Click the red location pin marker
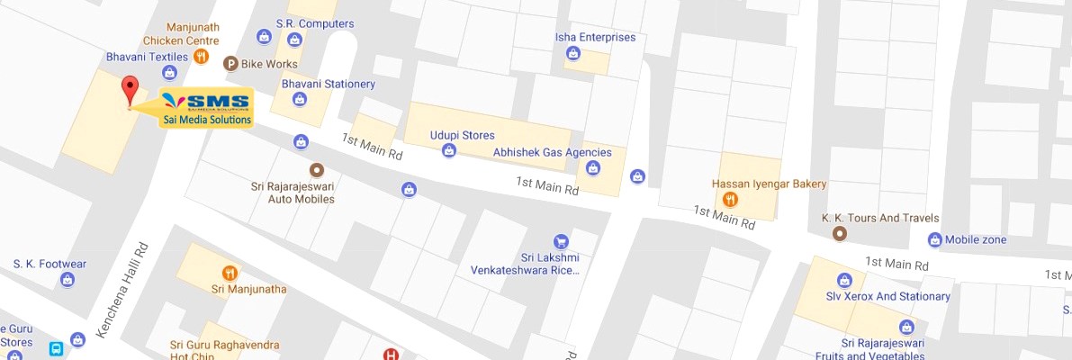click(131, 90)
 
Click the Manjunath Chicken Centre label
click(180, 34)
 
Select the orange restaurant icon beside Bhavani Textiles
click(202, 57)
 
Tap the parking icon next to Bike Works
click(230, 64)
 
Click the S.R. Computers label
click(314, 23)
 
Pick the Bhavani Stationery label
click(328, 84)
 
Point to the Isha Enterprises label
click(595, 38)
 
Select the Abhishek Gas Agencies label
click(552, 152)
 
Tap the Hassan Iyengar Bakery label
click(769, 184)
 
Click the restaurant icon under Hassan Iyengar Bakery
click(730, 200)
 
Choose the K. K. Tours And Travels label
click(880, 218)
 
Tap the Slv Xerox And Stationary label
click(888, 296)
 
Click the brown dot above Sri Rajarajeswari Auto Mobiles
click(316, 169)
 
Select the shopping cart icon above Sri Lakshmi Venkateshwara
click(561, 241)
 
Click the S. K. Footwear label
click(50, 264)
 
